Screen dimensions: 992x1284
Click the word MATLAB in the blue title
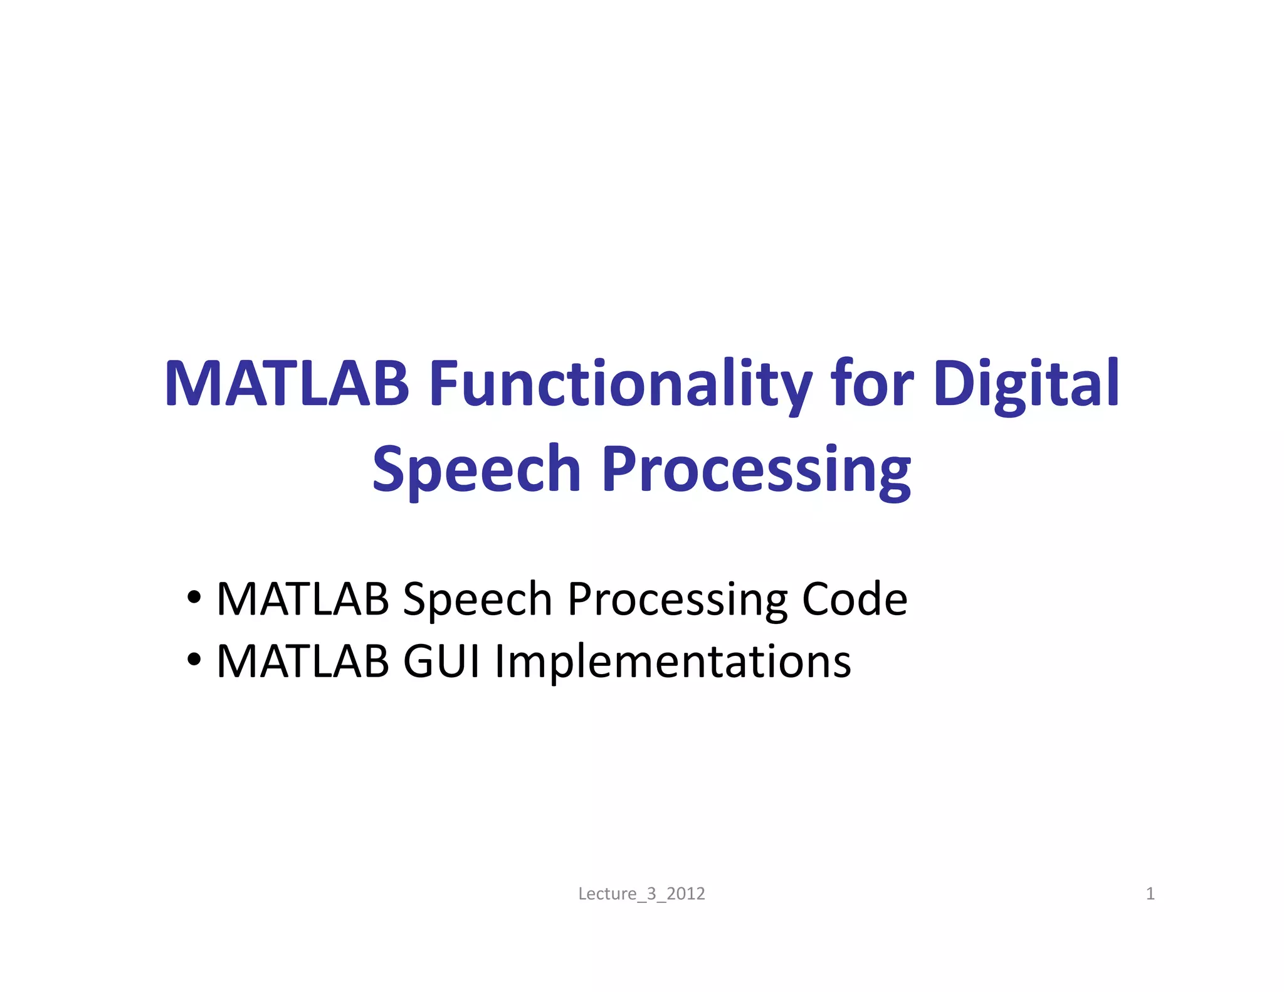coord(287,383)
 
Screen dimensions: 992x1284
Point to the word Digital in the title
coord(1026,383)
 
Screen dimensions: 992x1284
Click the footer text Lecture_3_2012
coord(641,894)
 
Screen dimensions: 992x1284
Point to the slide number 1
coord(1150,894)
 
